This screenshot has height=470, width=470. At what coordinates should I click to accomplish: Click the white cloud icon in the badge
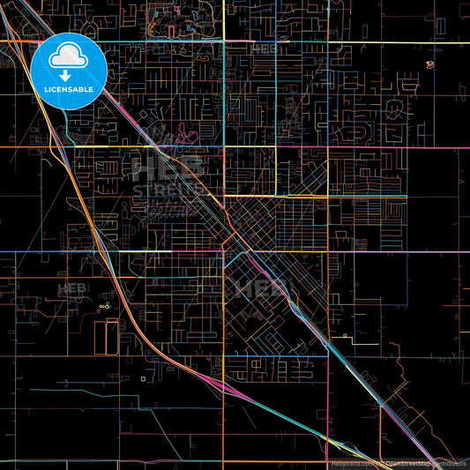click(x=68, y=58)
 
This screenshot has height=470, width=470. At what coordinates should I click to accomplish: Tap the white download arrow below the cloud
click(x=68, y=76)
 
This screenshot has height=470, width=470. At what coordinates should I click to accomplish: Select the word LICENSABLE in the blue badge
click(x=68, y=90)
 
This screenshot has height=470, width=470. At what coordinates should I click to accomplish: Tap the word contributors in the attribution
click(x=449, y=463)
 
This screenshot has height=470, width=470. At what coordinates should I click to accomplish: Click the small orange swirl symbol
click(x=429, y=64)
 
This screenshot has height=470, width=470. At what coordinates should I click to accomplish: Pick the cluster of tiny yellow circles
click(x=104, y=306)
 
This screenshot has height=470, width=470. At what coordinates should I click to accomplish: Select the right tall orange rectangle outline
click(x=111, y=338)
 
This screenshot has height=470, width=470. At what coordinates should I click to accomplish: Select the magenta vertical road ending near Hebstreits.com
click(x=328, y=414)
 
